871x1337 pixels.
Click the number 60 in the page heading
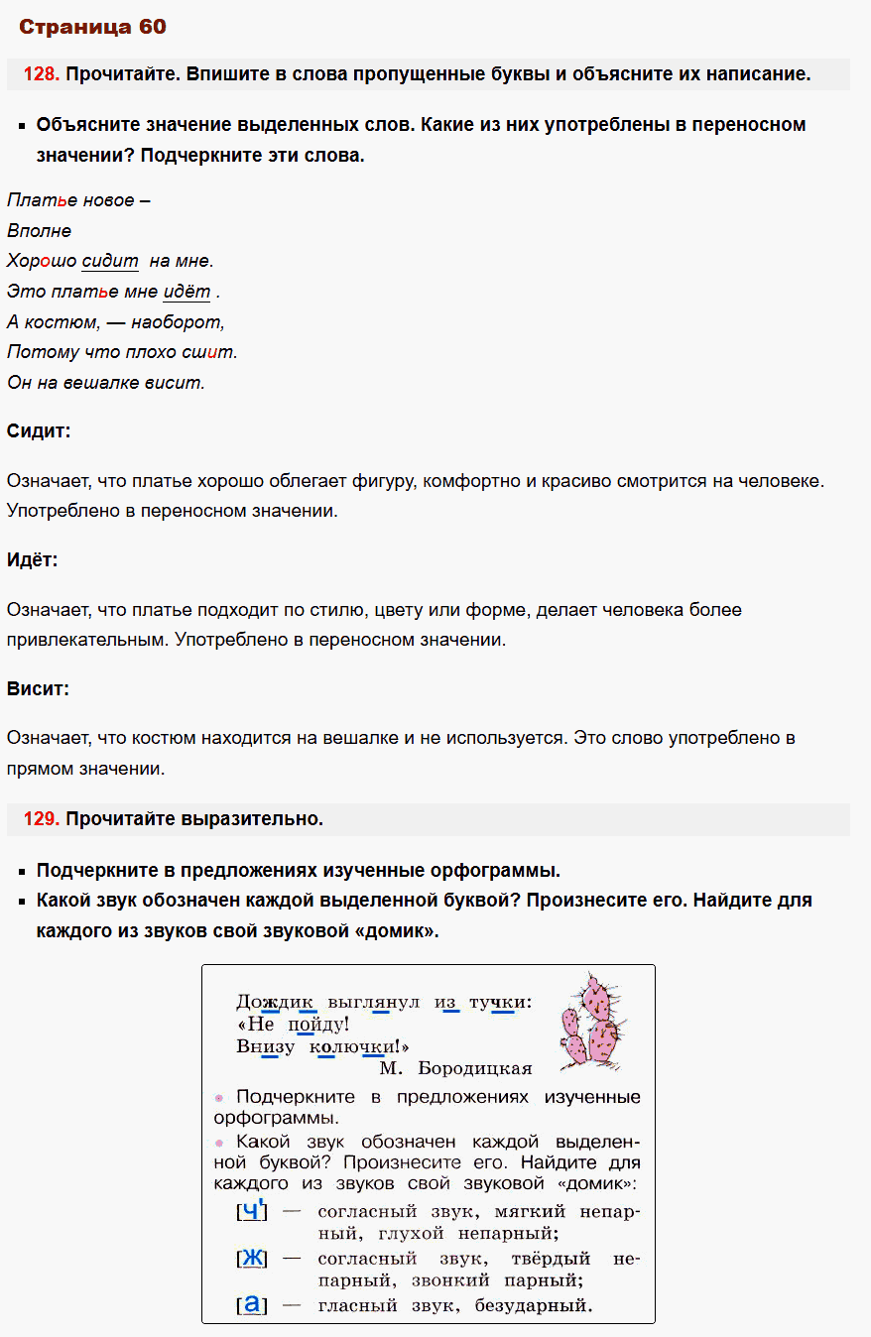(152, 27)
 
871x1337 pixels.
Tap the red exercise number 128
(42, 74)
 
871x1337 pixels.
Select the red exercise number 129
(42, 819)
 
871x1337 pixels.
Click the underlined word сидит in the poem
(110, 262)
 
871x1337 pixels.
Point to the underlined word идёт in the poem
(187, 292)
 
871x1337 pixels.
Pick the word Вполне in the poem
(40, 231)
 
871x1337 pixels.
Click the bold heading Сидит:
(39, 431)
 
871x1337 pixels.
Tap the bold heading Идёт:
(33, 560)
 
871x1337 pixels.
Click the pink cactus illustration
(592, 1021)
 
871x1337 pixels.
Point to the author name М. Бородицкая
(455, 1068)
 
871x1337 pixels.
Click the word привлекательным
(86, 640)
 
